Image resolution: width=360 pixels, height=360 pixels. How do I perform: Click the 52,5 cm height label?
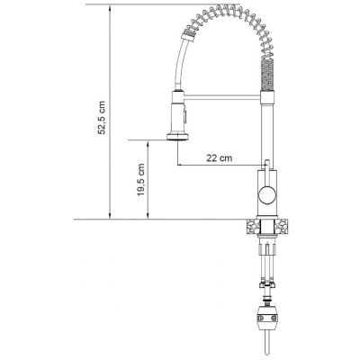point(103,114)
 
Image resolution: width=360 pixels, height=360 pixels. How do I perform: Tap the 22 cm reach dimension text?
point(216,158)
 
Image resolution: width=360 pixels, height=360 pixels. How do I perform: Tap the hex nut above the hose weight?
point(267,286)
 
